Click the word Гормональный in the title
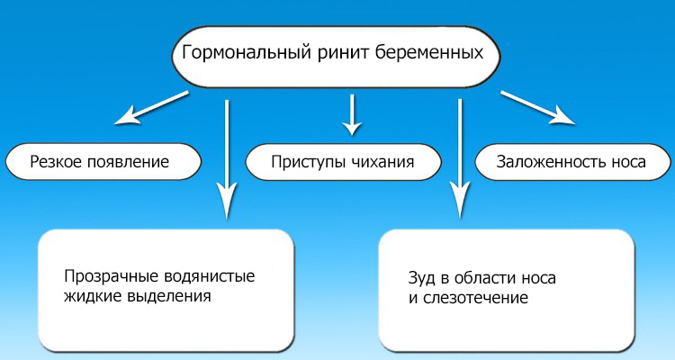237,52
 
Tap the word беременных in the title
424,52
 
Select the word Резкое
56,163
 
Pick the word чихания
382,163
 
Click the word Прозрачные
104,276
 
